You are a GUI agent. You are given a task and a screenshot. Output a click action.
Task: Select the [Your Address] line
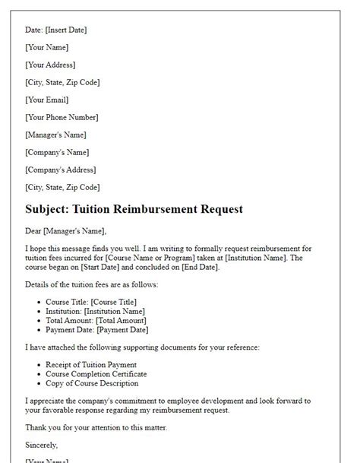pyautogui.click(x=50, y=65)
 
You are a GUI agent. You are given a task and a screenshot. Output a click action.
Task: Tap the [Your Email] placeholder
pyautogui.click(x=46, y=100)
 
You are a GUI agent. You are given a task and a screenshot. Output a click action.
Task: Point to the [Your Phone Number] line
pyautogui.click(x=62, y=117)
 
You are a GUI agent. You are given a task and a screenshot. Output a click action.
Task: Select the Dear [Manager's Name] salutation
pyautogui.click(x=66, y=231)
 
